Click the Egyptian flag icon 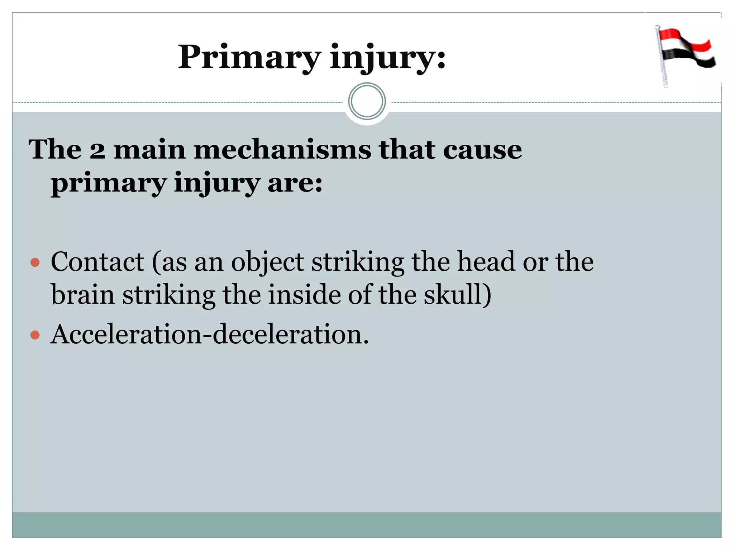tap(685, 54)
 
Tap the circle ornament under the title tap(367, 101)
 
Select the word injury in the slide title tap(387, 58)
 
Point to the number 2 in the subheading tap(97, 150)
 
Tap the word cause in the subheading tap(482, 150)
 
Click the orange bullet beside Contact tap(35, 262)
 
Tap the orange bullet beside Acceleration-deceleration tap(35, 335)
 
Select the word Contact tap(97, 262)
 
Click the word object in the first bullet tap(267, 262)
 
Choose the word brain tap(83, 295)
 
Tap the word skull tap(454, 295)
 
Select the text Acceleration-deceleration tap(210, 334)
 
